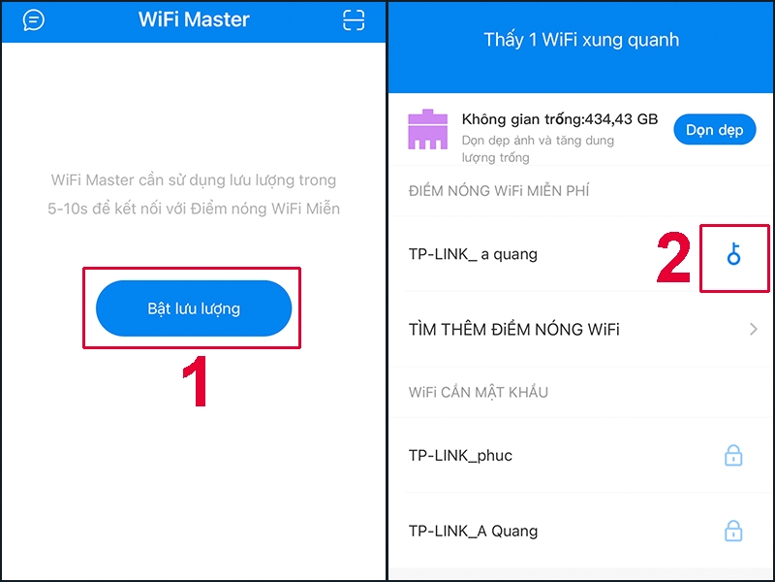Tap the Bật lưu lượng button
pyautogui.click(x=194, y=308)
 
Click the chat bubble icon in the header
pyautogui.click(x=34, y=20)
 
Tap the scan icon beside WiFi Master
pyautogui.click(x=354, y=20)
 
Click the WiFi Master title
pyautogui.click(x=194, y=20)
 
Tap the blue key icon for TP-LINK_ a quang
pyautogui.click(x=734, y=255)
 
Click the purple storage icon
pyautogui.click(x=427, y=130)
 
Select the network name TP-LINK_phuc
pyautogui.click(x=460, y=455)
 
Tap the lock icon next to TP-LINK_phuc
pyautogui.click(x=734, y=454)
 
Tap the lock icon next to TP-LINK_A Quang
pyautogui.click(x=734, y=531)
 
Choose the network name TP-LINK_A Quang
pyautogui.click(x=473, y=531)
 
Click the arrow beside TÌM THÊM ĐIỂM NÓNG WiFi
pyautogui.click(x=754, y=330)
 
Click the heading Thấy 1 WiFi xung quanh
pyautogui.click(x=581, y=41)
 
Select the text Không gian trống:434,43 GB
pyautogui.click(x=560, y=119)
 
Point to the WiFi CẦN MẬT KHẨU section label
pyautogui.click(x=479, y=392)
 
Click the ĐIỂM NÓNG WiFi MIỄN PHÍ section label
pyautogui.click(x=499, y=191)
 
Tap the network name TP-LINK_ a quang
pyautogui.click(x=473, y=254)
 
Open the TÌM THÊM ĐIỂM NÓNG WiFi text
pyautogui.click(x=514, y=330)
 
